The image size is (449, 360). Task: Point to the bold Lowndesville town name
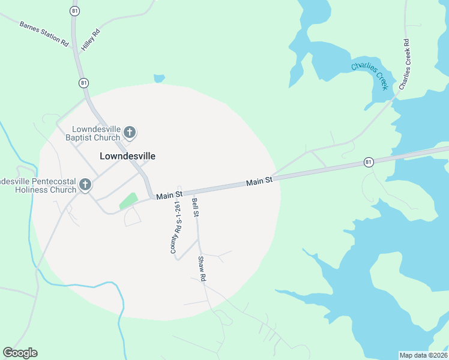pyautogui.click(x=127, y=156)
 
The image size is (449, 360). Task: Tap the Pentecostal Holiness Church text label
pyautogui.click(x=37, y=185)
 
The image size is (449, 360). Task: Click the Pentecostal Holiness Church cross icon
pyautogui.click(x=85, y=185)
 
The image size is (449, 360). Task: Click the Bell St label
pyautogui.click(x=195, y=207)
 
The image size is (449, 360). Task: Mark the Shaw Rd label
pyautogui.click(x=202, y=269)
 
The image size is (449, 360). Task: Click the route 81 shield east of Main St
pyautogui.click(x=369, y=162)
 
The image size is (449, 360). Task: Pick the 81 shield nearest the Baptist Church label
pyautogui.click(x=83, y=83)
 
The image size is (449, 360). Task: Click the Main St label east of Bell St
pyautogui.click(x=261, y=180)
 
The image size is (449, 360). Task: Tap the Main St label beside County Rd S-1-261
pyautogui.click(x=169, y=195)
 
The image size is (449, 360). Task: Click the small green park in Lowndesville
pyautogui.click(x=128, y=200)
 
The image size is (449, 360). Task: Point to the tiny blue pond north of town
pyautogui.click(x=159, y=78)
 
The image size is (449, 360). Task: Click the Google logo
pyautogui.click(x=20, y=353)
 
